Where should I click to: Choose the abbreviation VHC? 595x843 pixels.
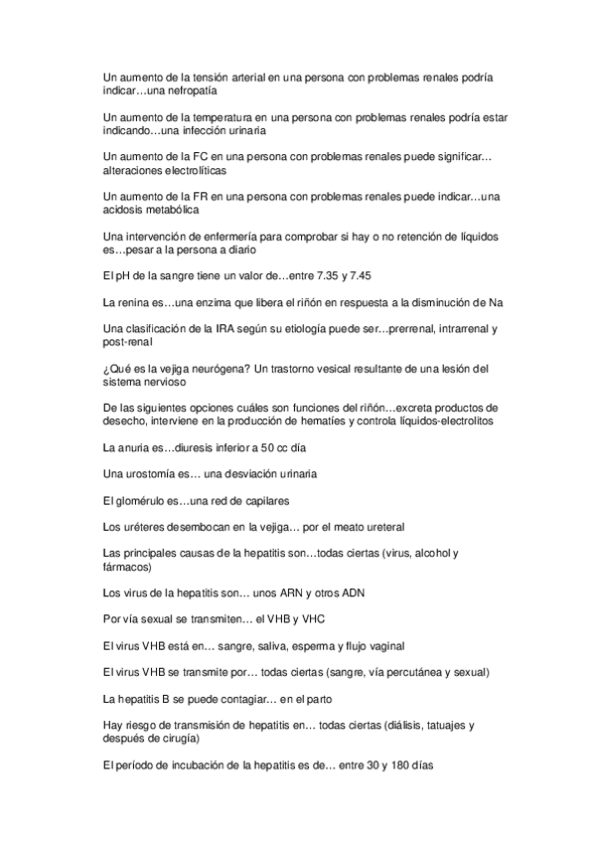point(320,617)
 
